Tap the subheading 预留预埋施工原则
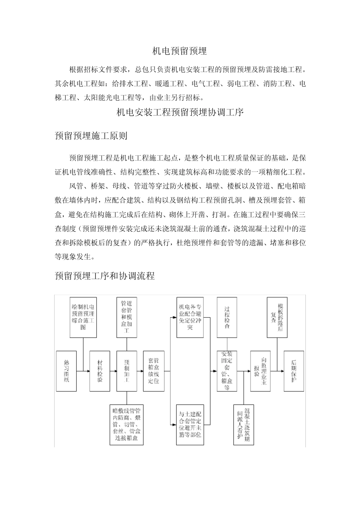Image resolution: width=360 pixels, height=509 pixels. tap(91, 136)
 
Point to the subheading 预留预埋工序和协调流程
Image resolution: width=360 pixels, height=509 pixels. tap(105, 276)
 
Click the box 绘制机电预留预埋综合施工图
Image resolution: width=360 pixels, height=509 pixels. tap(83, 317)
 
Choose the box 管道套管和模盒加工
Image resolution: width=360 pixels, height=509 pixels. tap(127, 317)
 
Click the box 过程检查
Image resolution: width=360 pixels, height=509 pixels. tap(227, 317)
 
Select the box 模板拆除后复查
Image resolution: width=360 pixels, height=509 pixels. tap(277, 317)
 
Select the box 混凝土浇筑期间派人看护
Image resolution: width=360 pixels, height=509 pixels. tap(244, 424)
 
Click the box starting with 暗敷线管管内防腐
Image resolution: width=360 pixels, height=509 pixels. tap(127, 424)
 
